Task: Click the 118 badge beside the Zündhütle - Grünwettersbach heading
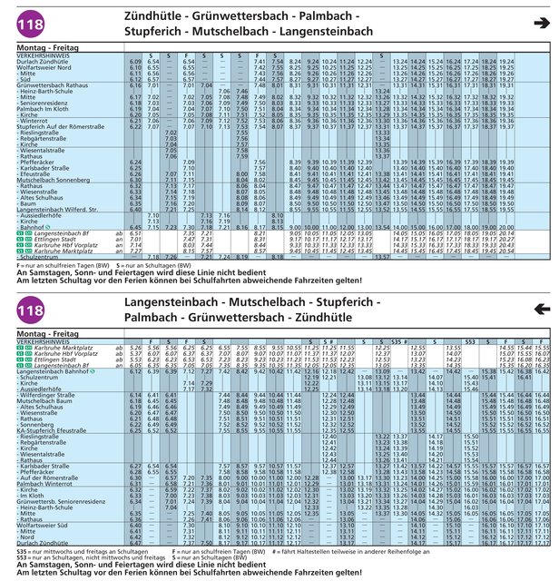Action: tap(26, 25)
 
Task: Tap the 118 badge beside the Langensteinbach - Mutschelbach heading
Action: tap(26, 311)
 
